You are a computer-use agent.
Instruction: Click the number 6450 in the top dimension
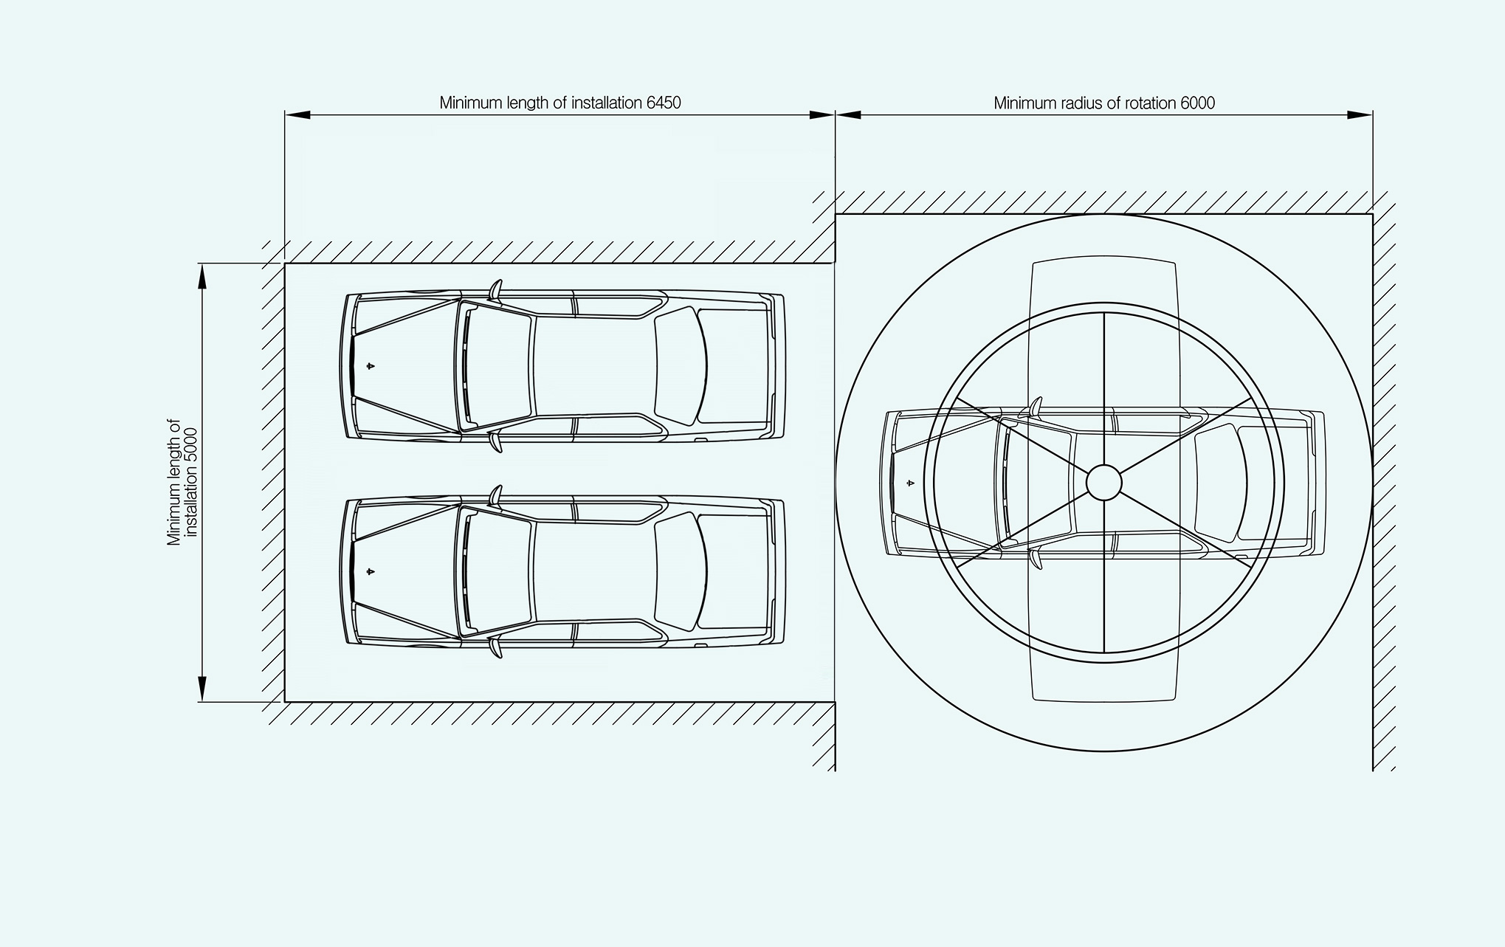click(x=664, y=103)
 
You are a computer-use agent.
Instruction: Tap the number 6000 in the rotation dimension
click(x=1197, y=103)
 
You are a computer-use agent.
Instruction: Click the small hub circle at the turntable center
click(x=1103, y=482)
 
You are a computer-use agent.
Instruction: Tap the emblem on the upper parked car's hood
click(x=371, y=365)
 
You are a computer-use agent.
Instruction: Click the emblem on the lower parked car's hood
click(x=371, y=571)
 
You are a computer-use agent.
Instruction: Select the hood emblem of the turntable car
click(x=910, y=483)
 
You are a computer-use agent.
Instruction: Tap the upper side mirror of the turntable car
click(x=1035, y=407)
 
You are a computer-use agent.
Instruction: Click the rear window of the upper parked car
click(x=681, y=365)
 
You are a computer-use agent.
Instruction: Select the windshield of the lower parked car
click(x=499, y=571)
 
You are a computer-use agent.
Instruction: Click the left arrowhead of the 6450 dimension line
click(x=297, y=114)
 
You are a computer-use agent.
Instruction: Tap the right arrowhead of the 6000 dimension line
click(x=1360, y=114)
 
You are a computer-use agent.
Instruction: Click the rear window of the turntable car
click(x=1220, y=483)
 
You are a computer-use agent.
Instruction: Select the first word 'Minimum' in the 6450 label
click(x=467, y=103)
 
